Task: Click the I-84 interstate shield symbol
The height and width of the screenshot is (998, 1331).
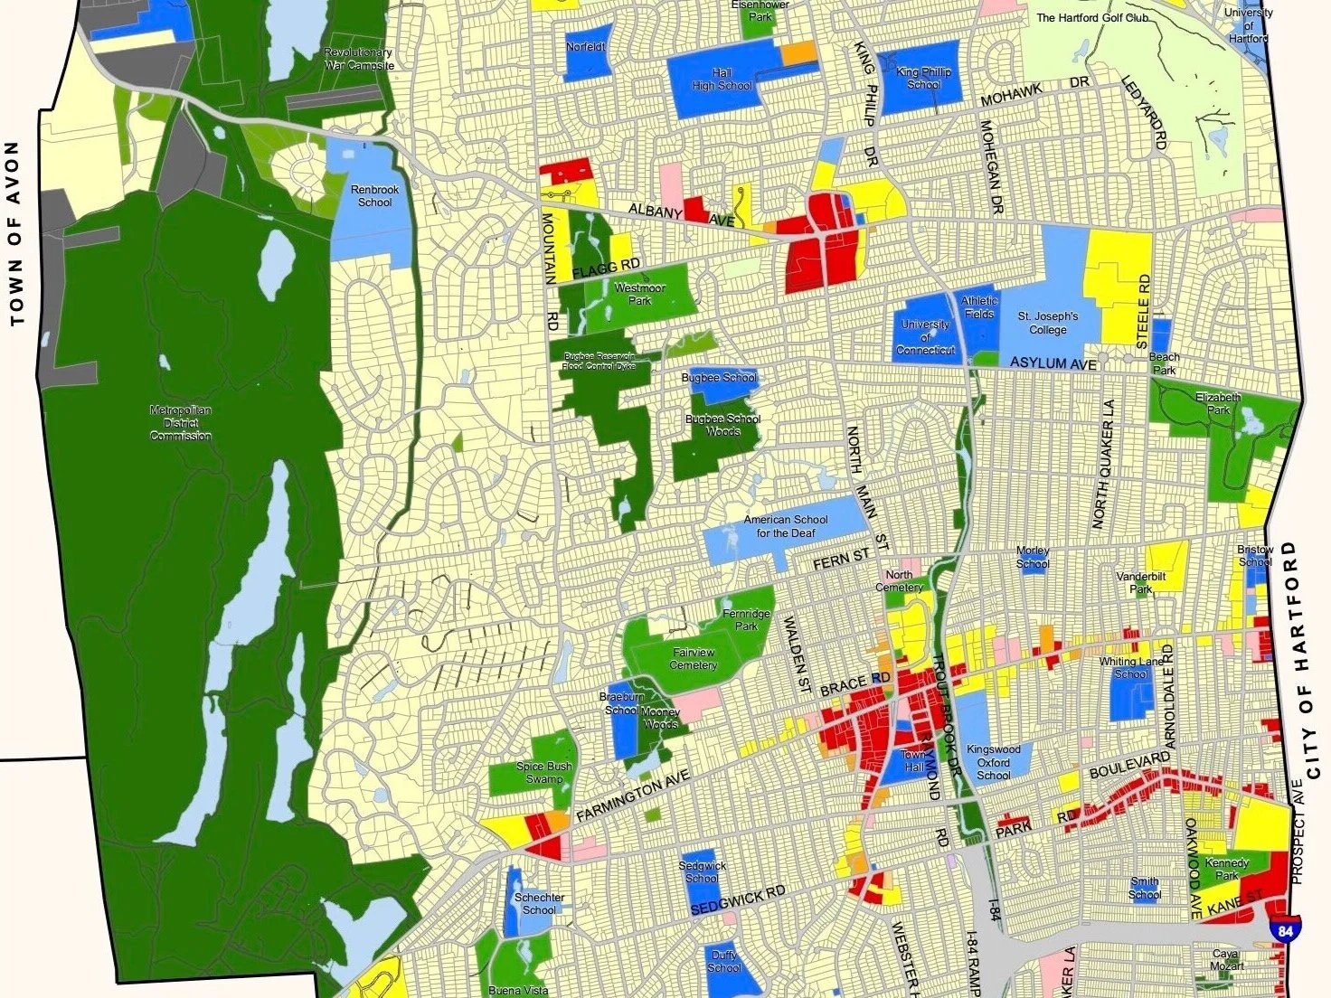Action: tap(1280, 927)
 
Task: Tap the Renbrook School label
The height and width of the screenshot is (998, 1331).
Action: tap(374, 196)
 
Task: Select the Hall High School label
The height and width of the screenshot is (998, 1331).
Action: tap(722, 80)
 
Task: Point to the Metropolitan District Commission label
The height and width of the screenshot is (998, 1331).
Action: tap(181, 423)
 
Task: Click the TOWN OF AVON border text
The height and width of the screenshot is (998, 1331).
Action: tap(14, 233)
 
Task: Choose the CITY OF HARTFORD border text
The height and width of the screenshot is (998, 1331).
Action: tap(1303, 660)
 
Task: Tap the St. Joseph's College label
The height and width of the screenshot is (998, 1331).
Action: tap(1048, 323)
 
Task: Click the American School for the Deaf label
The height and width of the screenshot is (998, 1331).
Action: tap(786, 526)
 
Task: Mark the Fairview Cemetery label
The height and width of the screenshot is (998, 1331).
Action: tap(694, 658)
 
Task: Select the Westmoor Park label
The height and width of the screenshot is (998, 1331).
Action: tap(639, 294)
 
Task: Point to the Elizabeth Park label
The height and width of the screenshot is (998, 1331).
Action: tap(1218, 403)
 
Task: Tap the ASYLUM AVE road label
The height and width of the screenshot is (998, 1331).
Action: tap(1053, 363)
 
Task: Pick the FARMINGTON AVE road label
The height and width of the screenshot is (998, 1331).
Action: tap(632, 796)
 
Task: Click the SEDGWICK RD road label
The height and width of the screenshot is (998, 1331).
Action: tap(738, 900)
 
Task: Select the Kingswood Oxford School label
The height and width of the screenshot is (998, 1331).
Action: tap(993, 762)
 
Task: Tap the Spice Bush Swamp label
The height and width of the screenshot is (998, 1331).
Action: tap(543, 772)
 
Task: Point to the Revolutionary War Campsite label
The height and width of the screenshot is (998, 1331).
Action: tap(359, 59)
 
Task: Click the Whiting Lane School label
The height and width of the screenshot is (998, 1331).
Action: tap(1130, 667)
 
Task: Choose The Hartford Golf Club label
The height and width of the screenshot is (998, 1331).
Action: tap(1092, 17)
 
